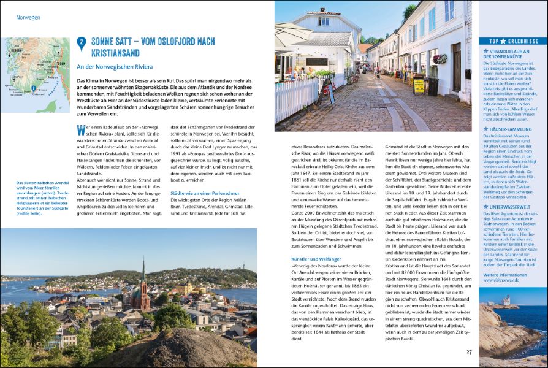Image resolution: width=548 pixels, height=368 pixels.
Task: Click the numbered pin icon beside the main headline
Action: coord(82,43)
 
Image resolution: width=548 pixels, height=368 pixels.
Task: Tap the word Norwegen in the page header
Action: coord(29,17)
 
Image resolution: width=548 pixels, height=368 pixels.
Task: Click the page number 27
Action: coord(469,351)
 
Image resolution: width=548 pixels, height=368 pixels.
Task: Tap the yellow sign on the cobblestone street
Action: coord(419,86)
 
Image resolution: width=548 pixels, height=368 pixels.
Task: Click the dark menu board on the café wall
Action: coord(317,62)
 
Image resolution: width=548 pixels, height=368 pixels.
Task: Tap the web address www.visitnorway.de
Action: coord(504,282)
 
